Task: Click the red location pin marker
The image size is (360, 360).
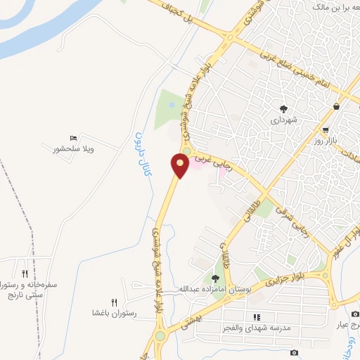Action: point(180,167)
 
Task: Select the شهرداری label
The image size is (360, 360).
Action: point(285,120)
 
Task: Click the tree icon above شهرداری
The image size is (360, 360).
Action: point(283,109)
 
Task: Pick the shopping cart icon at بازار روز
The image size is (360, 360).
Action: point(326,130)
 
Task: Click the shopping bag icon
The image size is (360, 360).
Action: point(337,107)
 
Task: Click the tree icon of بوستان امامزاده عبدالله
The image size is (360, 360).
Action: point(216,279)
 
